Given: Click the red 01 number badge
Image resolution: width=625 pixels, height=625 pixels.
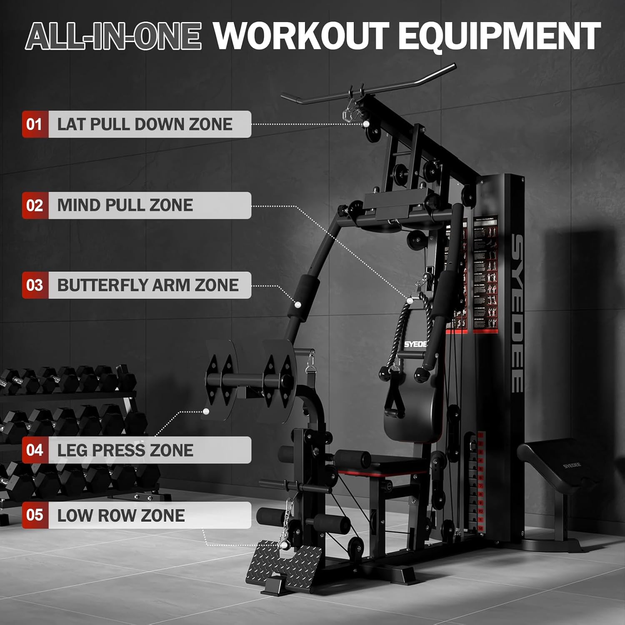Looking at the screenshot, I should (x=35, y=124).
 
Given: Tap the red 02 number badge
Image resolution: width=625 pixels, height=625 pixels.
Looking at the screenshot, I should (x=35, y=205).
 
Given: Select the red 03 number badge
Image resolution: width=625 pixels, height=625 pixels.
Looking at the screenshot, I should (x=35, y=285).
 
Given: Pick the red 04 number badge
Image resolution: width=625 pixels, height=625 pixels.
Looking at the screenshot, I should (x=35, y=450).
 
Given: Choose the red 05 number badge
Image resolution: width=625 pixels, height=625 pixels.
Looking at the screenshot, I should (x=35, y=515).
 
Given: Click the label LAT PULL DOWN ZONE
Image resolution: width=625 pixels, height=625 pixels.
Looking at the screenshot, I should (x=145, y=124).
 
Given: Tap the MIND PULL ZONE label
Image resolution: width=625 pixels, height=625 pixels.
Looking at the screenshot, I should (x=125, y=205).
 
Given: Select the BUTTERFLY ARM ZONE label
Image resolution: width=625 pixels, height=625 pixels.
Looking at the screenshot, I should (x=148, y=285).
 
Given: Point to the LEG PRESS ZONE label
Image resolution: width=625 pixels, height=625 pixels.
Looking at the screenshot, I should (x=125, y=450).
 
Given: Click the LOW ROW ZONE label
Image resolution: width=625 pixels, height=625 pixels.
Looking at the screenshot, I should (x=121, y=515).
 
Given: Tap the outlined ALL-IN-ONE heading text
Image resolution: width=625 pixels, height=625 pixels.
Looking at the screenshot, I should (x=113, y=36).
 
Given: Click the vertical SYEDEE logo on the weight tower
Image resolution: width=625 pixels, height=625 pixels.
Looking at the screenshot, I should (x=517, y=312).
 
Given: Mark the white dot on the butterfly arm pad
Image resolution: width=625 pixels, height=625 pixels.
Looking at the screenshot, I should (x=298, y=304).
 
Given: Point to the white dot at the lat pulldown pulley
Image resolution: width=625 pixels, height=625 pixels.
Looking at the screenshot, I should (x=366, y=124).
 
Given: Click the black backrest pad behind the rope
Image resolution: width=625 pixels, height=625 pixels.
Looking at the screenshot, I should (x=412, y=417).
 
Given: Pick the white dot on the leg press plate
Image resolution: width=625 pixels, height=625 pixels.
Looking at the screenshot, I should (x=206, y=412).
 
